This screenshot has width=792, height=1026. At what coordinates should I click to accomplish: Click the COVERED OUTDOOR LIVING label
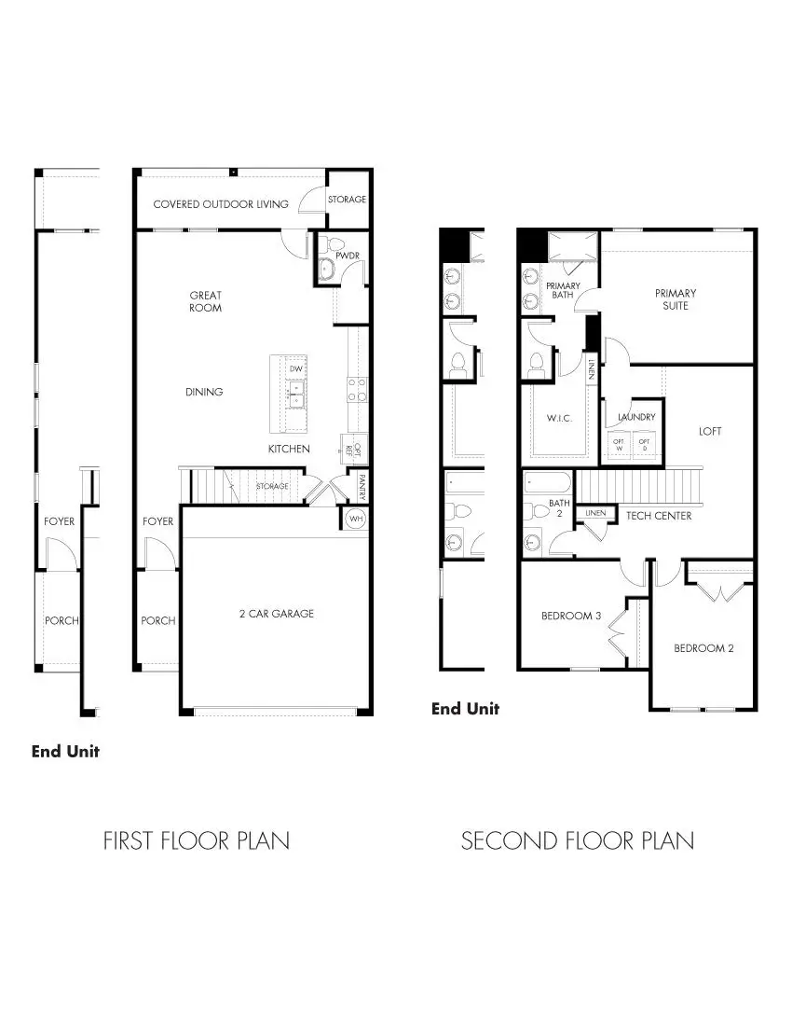[221, 204]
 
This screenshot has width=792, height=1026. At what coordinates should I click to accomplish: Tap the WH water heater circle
[355, 519]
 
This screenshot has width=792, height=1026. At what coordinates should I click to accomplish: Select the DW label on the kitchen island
[296, 369]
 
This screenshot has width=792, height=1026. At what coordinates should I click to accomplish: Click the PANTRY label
[362, 487]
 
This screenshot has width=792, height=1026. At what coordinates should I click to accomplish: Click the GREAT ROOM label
[205, 301]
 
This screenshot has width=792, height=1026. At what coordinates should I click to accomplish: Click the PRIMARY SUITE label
[676, 299]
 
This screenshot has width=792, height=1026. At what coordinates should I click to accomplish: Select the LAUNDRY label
[636, 417]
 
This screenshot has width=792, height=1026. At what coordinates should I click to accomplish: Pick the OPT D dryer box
[645, 444]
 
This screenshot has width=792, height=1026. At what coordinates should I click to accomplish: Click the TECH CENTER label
[659, 516]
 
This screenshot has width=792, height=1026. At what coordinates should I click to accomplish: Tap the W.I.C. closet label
[559, 418]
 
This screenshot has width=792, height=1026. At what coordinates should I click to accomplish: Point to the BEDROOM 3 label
[572, 616]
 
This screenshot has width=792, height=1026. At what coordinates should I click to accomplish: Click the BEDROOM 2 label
[703, 648]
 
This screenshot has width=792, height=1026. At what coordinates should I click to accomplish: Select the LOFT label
[710, 431]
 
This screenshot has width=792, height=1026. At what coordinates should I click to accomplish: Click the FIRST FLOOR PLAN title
[196, 840]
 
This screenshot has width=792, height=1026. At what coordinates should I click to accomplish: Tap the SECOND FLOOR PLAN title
[578, 840]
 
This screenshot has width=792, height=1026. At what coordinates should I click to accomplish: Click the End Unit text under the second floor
[465, 709]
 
